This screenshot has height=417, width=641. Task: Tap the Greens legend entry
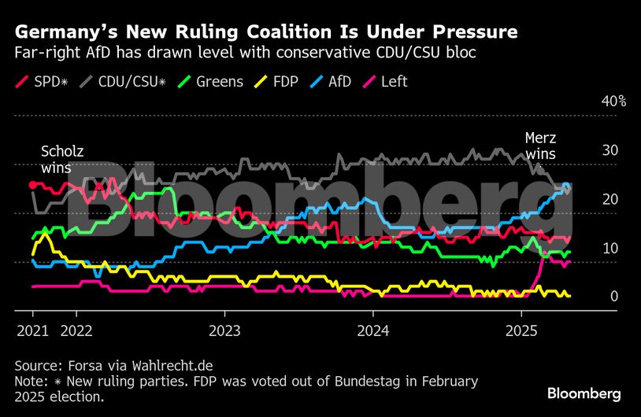coord(210,82)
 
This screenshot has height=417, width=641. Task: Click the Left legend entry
coord(392,82)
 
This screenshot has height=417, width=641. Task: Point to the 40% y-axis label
coord(613,101)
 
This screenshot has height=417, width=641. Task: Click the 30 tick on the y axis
coord(610,150)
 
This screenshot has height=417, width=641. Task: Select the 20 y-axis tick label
coord(610,199)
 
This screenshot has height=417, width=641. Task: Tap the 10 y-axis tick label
coord(610,248)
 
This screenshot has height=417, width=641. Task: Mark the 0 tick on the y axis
coord(613,297)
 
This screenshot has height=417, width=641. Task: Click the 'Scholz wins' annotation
coord(61,159)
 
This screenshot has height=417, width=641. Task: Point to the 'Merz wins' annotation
coord(540,146)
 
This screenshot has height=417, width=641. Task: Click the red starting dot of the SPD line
coord(32,184)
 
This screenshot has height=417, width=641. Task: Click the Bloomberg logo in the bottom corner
coord(584,393)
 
